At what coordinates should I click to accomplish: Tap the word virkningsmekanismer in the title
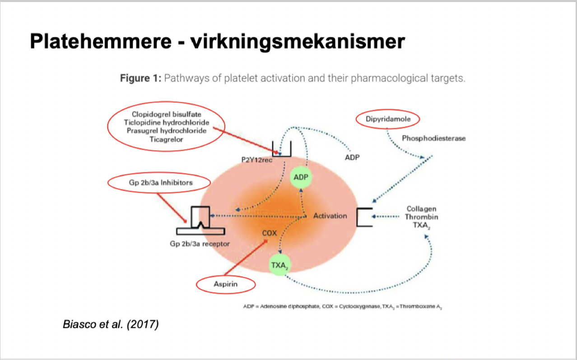coord(297,42)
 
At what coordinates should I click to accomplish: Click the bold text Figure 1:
coord(140,78)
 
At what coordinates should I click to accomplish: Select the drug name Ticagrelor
coord(166,139)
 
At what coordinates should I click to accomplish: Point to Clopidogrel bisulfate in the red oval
coord(166,114)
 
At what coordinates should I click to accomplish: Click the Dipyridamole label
coord(388,119)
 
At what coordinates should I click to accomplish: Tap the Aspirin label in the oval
coord(226,284)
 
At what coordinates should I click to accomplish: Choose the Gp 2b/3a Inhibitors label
coord(158,183)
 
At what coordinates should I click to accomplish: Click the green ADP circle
coord(301,177)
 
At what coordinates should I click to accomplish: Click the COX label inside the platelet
coord(269,233)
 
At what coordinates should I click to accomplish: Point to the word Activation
coord(330,216)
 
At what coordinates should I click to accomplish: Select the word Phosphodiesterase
coord(433,138)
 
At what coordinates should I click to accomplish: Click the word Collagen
coord(421,209)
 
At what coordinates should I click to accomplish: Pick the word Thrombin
coord(421,217)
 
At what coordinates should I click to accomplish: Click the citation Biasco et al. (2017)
coord(111,324)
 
